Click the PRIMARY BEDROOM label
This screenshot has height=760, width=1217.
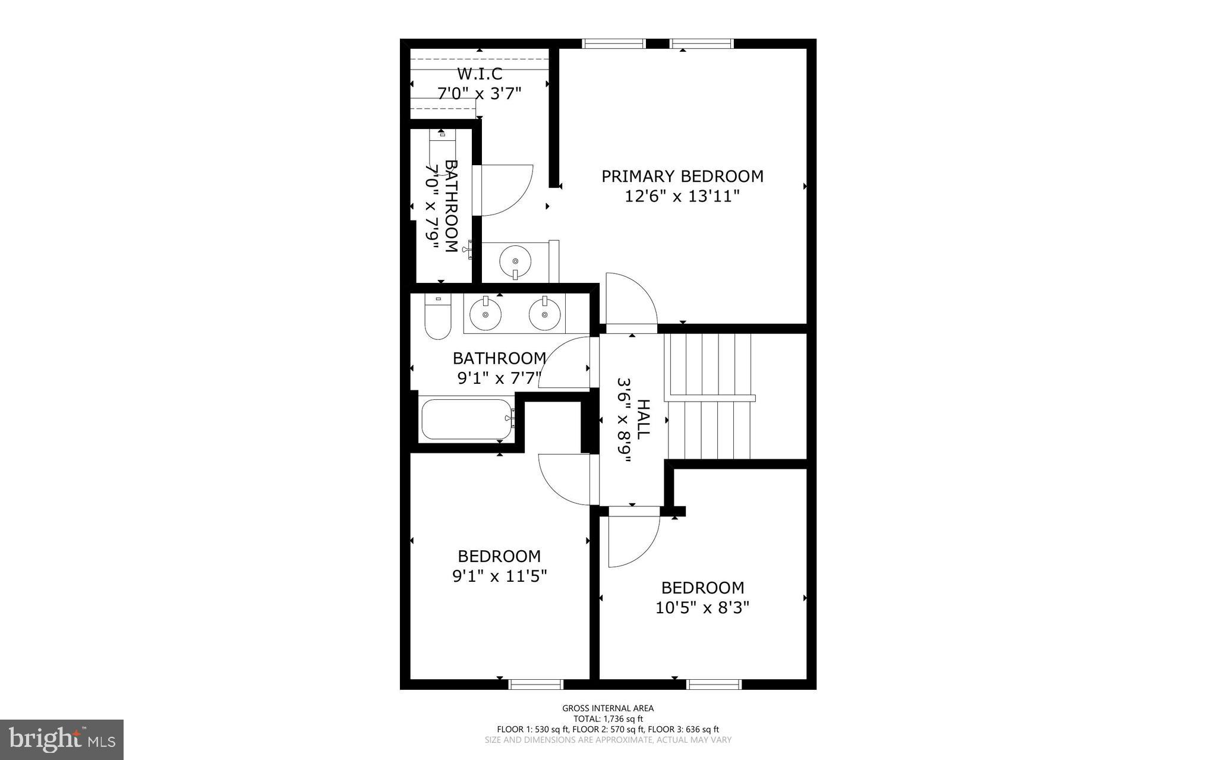[x=682, y=176]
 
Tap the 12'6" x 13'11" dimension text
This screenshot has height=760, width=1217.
[x=682, y=196]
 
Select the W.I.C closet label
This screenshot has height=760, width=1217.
[x=479, y=74]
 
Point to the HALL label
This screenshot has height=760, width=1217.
[x=642, y=420]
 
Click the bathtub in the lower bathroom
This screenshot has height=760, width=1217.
[x=466, y=420]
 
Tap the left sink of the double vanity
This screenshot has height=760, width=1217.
[x=485, y=314]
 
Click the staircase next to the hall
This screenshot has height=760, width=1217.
[x=711, y=397]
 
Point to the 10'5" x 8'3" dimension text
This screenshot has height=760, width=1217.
[x=702, y=608]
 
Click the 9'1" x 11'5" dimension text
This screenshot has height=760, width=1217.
[x=499, y=576]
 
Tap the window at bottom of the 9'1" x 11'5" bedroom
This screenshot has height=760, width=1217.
[x=535, y=685]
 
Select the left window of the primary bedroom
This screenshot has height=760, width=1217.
[x=613, y=43]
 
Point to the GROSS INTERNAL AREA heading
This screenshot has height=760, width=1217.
[x=608, y=708]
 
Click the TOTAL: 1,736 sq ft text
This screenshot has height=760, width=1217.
[x=608, y=718]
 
